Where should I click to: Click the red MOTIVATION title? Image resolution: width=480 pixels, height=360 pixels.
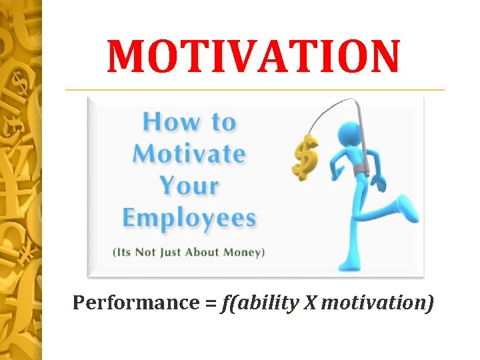[254, 56]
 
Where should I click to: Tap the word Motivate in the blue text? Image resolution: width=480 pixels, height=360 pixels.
[189, 154]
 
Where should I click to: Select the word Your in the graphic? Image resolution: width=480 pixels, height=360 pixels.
[189, 185]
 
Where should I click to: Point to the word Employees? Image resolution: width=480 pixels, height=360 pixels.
[189, 218]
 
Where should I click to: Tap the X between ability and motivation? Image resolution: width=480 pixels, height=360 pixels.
[311, 303]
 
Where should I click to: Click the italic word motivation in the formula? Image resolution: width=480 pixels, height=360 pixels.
[377, 303]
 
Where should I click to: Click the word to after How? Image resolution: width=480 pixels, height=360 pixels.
[220, 123]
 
